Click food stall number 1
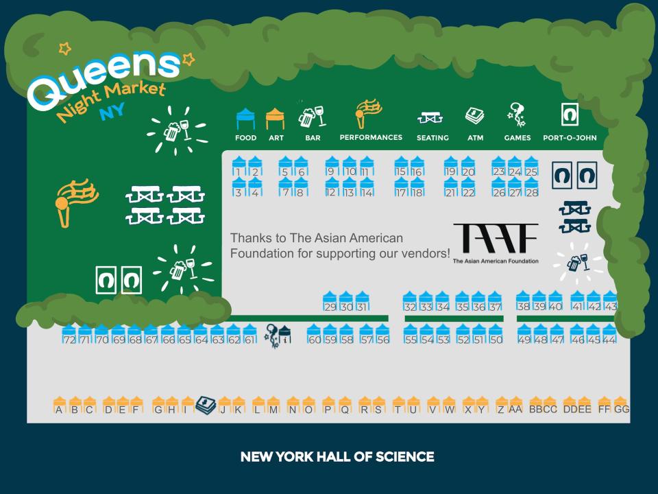pos(239,166)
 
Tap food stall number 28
pos(531,187)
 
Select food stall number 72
pos(69,335)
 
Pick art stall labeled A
pos(60,405)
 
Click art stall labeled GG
pos(621,405)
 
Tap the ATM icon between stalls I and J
pos(206,405)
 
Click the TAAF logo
pos(496,243)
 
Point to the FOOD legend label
pos(245,138)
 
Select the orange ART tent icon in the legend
pos(276,119)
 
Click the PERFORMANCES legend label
pos(371,137)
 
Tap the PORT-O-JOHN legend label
pos(570,138)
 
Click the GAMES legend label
pos(517,138)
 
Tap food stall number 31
pos(363,302)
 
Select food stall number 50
pos(495,334)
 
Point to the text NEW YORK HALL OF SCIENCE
pos(337,457)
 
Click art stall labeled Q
pos(345,405)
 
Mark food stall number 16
pos(417,166)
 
